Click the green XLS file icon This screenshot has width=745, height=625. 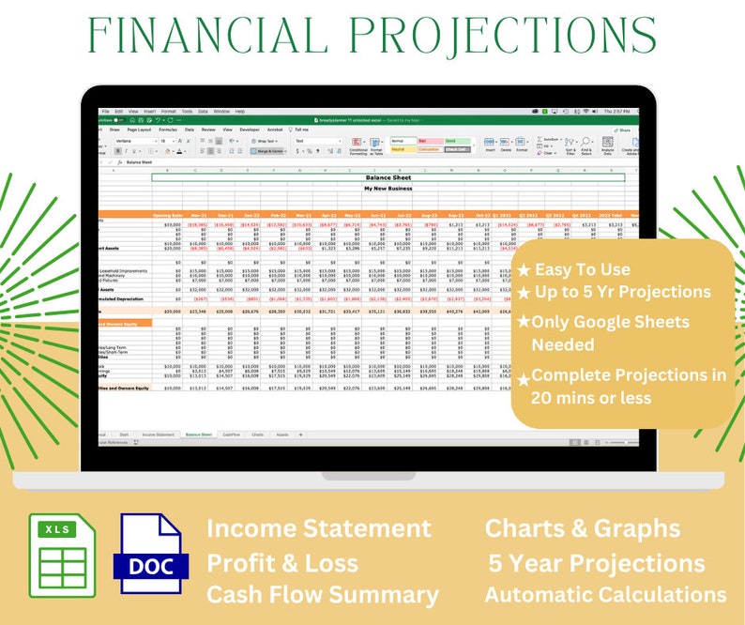point(62,556)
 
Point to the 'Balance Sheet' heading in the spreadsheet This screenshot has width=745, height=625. point(388,176)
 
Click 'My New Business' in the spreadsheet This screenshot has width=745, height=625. point(388,189)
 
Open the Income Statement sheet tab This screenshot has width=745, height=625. point(158,434)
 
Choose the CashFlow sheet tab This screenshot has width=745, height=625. point(230,434)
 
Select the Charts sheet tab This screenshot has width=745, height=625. point(257,434)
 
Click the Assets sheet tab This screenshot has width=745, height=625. point(282,434)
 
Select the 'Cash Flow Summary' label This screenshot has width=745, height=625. point(322,595)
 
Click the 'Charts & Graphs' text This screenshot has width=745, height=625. point(582,528)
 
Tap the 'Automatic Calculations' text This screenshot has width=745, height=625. point(605,595)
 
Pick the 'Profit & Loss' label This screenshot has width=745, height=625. point(282,563)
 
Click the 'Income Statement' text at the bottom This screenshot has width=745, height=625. point(319,528)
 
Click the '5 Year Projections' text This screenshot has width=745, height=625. point(597,563)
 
